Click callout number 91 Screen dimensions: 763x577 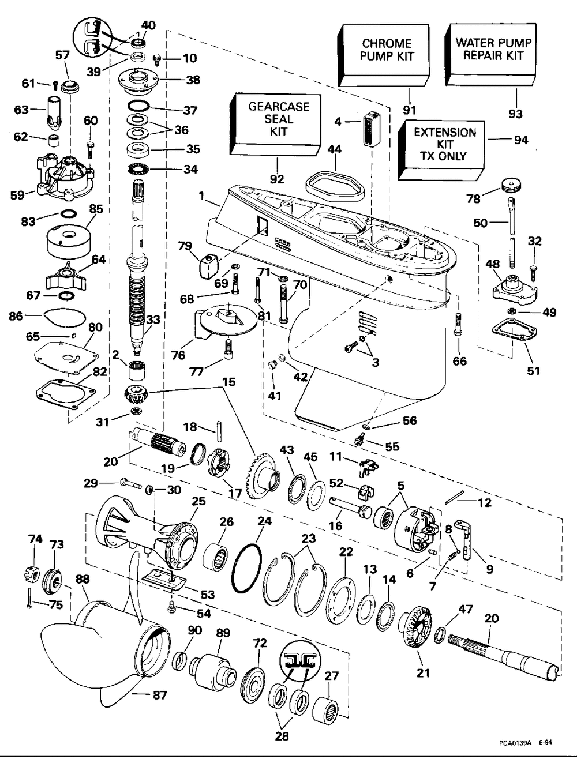click(x=410, y=110)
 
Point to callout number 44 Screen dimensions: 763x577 click(x=335, y=149)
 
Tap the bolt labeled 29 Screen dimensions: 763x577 click(x=130, y=482)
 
